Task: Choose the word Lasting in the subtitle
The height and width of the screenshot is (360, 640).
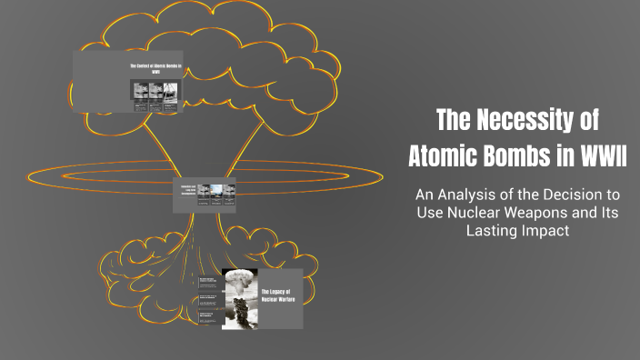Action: click(488, 232)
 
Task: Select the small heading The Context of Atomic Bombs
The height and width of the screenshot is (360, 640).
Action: click(155, 70)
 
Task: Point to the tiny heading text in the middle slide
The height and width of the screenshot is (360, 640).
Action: click(185, 190)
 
